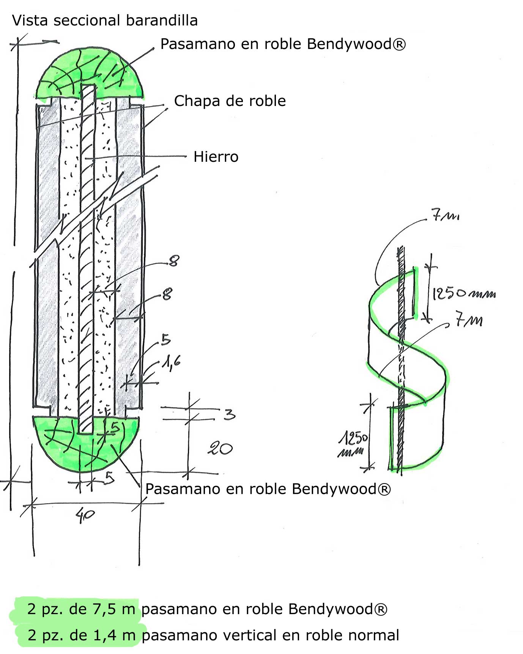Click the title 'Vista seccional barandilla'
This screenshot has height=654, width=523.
105,21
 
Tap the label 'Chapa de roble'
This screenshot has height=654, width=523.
230,101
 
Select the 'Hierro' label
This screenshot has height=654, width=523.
216,157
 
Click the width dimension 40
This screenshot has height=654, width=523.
85,515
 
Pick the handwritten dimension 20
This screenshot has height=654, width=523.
220,449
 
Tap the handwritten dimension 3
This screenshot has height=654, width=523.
229,414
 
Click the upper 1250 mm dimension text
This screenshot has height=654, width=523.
463,293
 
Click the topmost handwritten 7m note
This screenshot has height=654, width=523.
444,217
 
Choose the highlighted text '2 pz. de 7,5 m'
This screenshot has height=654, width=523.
81,609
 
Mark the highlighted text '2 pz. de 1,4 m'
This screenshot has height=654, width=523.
81,635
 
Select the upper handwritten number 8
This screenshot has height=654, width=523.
173,261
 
